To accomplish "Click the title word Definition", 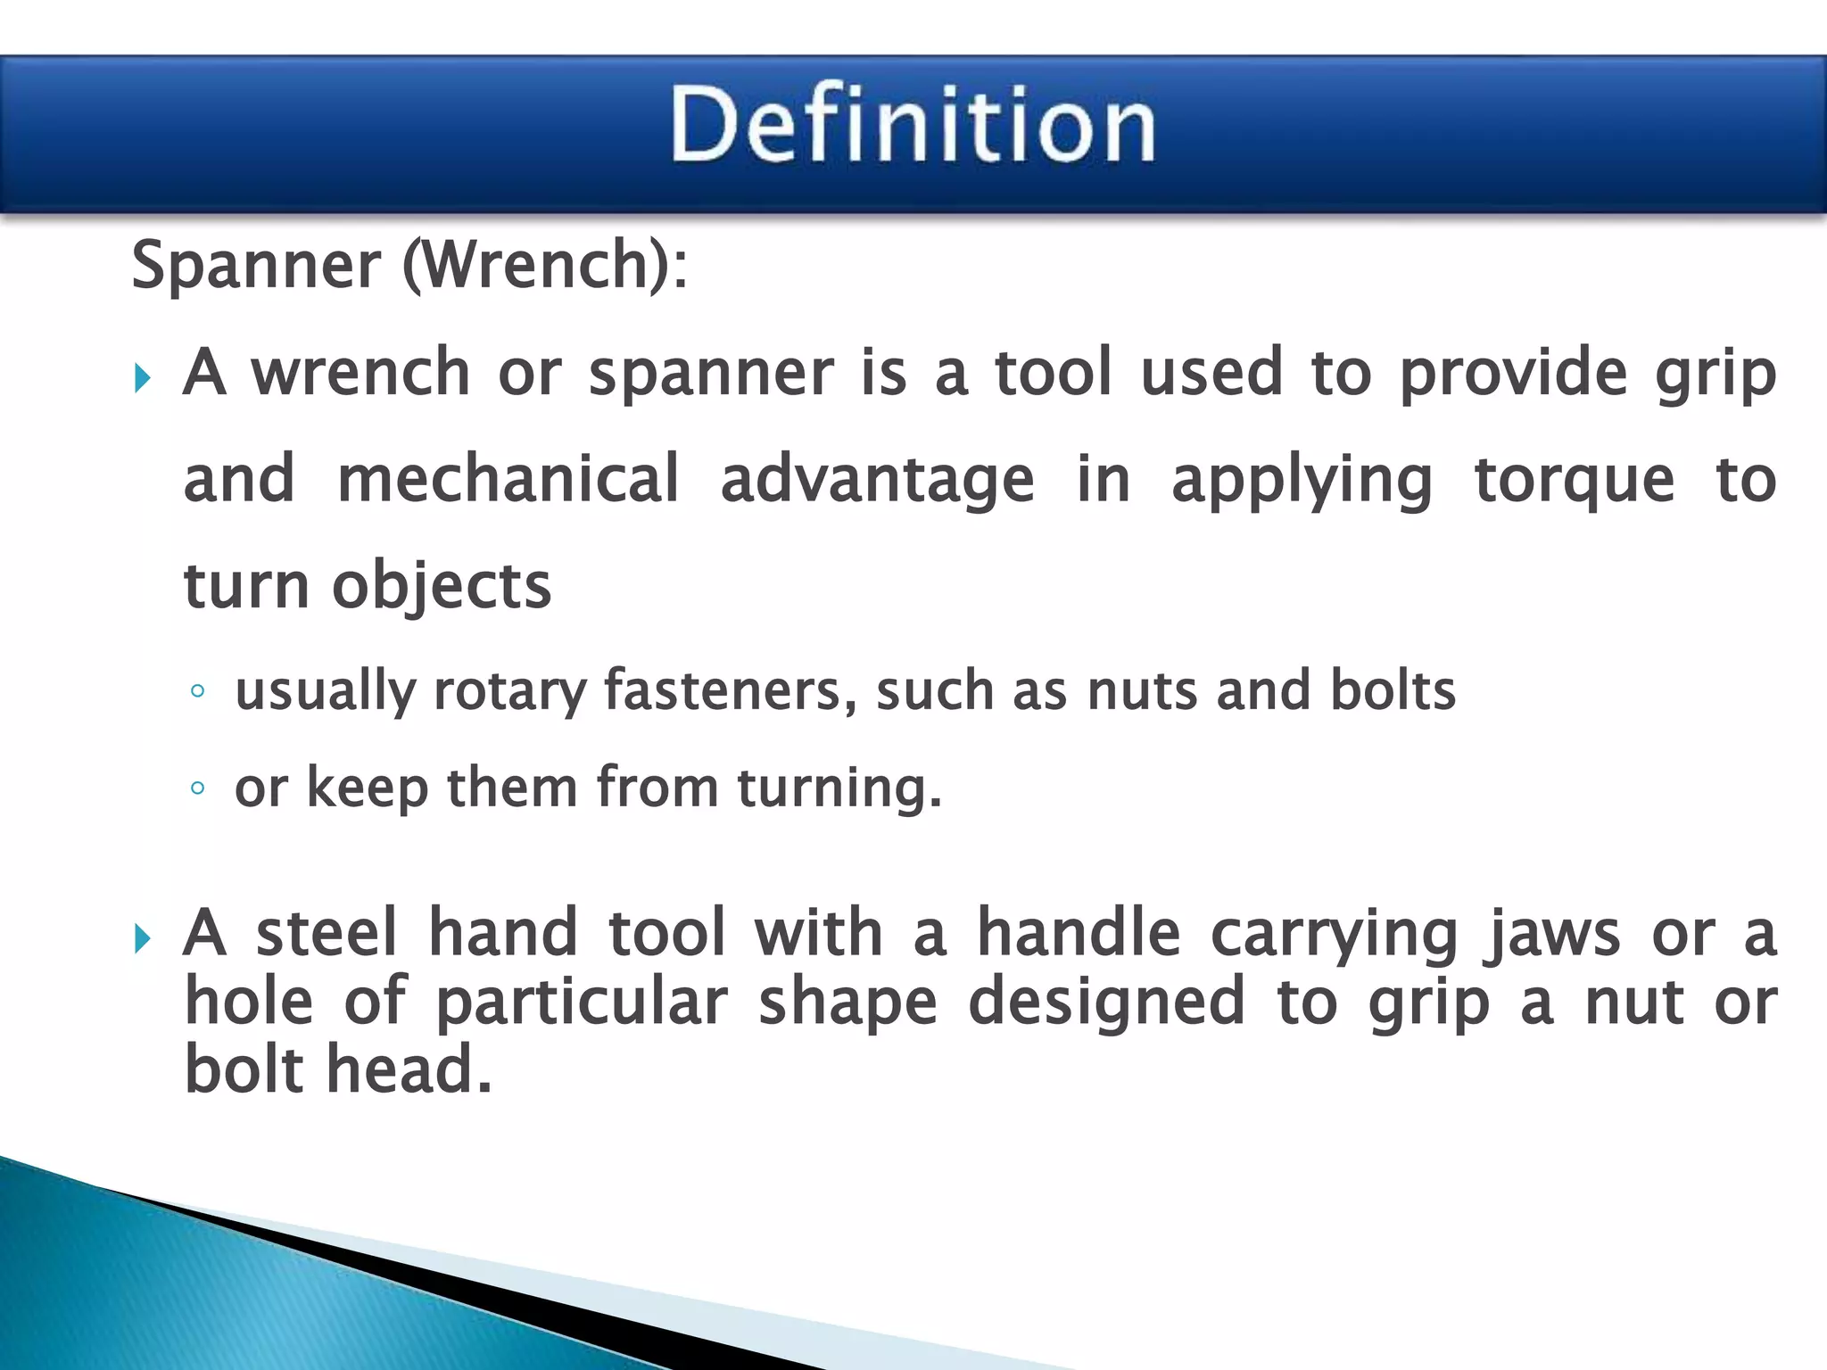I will (913, 125).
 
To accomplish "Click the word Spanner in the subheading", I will (256, 265).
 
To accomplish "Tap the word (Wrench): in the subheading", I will (545, 265).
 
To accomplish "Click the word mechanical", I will (508, 479).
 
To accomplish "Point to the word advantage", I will (877, 479).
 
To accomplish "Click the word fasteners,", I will (731, 691).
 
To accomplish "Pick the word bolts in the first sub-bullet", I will (1393, 691).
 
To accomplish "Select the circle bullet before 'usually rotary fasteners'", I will (198, 691).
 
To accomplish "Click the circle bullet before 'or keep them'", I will (198, 788).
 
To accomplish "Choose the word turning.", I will (839, 789).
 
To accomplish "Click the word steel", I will (327, 933).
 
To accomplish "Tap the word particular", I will (582, 1003).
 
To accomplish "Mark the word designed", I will (1106, 1003).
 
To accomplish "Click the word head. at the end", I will (409, 1069).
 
